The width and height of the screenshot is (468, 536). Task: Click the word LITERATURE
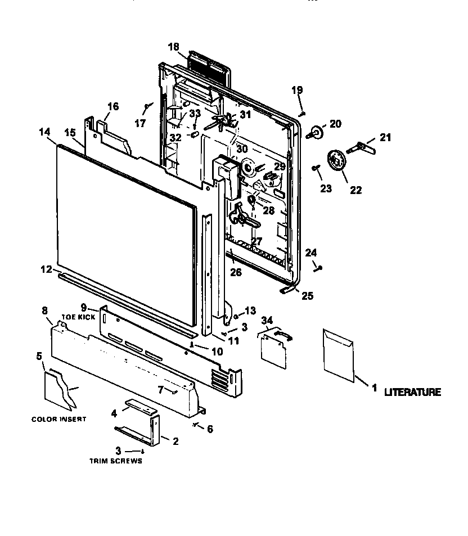coord(412,392)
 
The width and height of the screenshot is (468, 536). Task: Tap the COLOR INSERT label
coord(58,419)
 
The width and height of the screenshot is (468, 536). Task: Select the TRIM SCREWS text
coord(115,461)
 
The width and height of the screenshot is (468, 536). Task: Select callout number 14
coord(45,132)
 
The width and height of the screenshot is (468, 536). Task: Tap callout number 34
coord(267,320)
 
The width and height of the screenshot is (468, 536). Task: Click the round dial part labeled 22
coord(336,162)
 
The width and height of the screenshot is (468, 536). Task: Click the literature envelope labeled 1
coord(339,354)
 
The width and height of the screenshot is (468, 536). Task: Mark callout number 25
coord(307,296)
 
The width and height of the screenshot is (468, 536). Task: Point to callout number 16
coord(113,106)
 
